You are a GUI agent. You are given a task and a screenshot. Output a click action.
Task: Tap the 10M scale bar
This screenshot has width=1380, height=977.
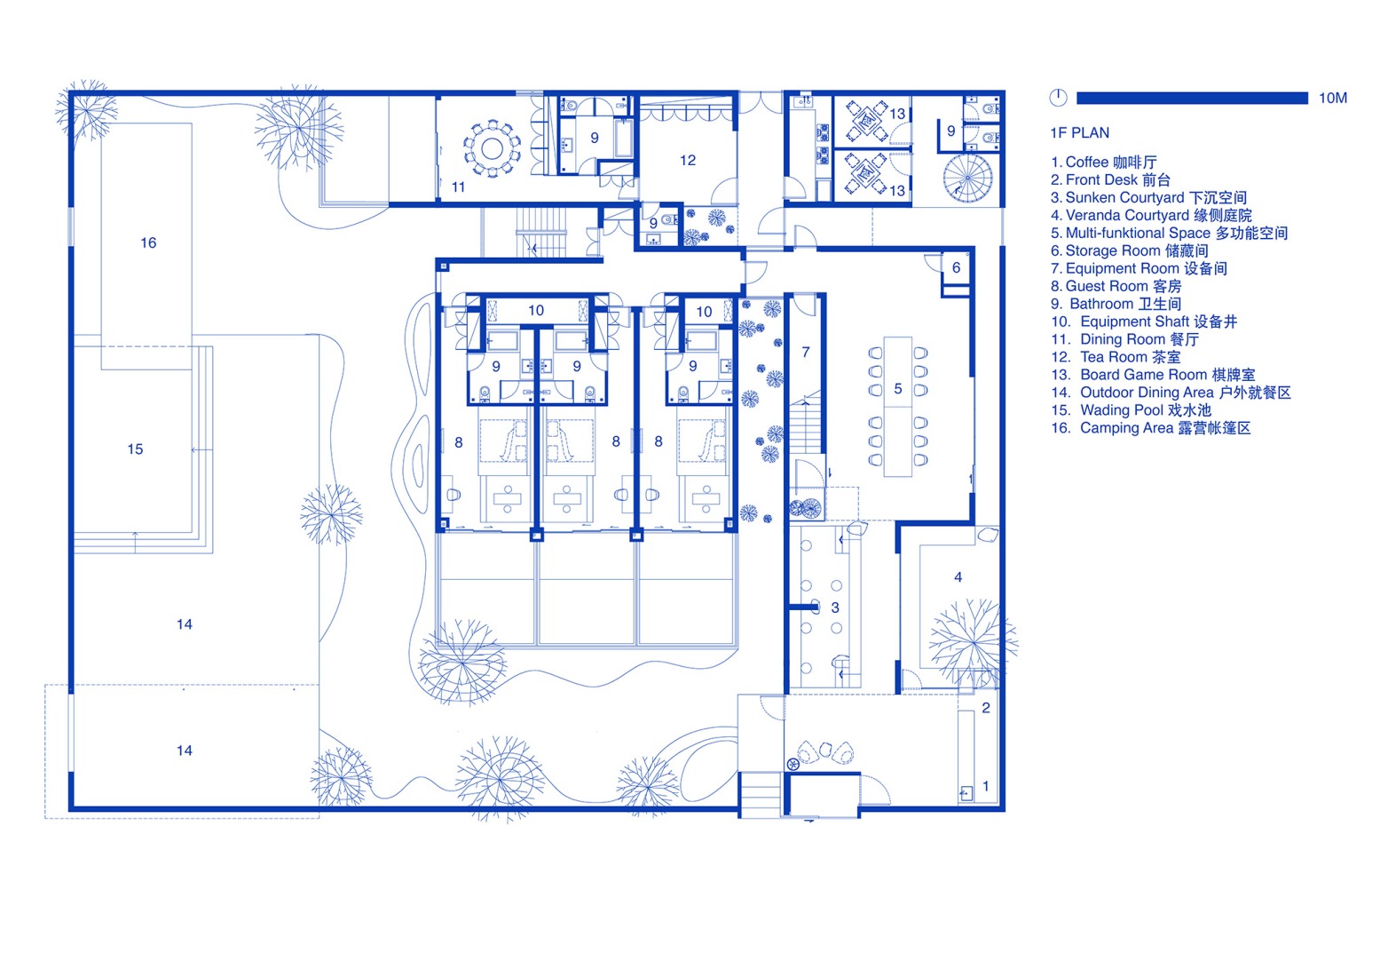(x=1191, y=98)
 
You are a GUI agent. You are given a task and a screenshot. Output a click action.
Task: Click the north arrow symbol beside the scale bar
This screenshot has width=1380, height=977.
(x=1058, y=98)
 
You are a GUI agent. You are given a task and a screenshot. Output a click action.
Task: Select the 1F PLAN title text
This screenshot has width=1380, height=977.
(x=1079, y=133)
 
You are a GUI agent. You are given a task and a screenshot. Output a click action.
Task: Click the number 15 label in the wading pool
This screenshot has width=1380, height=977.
(x=135, y=449)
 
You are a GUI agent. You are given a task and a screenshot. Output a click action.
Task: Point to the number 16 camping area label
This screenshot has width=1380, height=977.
(x=148, y=242)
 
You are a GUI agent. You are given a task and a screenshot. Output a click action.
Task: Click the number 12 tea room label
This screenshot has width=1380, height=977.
(x=687, y=161)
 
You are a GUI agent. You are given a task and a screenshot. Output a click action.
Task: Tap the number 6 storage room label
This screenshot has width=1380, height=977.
(x=956, y=267)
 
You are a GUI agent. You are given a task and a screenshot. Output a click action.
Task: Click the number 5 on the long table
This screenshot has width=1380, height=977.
(x=898, y=389)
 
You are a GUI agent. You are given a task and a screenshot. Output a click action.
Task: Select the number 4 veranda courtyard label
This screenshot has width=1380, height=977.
(x=958, y=577)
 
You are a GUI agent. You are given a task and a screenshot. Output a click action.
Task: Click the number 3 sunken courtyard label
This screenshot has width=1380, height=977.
(x=834, y=608)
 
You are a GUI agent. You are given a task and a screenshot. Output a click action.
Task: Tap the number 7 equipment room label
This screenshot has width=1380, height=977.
(x=806, y=353)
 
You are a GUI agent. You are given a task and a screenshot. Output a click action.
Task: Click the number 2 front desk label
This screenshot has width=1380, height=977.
(x=985, y=708)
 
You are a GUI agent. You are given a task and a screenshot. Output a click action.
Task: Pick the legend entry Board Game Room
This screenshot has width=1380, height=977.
(x=1154, y=375)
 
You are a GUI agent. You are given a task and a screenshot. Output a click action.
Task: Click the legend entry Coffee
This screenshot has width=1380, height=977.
(x=1104, y=162)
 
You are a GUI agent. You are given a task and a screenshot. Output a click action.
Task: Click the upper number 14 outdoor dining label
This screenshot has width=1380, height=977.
(x=185, y=624)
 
